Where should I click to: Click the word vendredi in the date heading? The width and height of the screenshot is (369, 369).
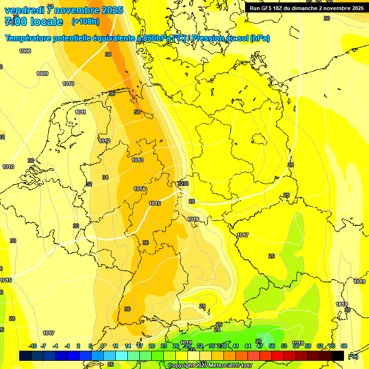point(25,10)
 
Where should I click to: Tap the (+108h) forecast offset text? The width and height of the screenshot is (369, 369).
point(86,22)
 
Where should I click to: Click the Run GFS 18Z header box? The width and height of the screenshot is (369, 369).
point(307,8)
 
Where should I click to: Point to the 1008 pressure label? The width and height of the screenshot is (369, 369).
point(25,51)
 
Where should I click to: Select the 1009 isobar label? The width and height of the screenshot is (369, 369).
point(42,74)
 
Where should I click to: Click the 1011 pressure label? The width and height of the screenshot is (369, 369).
point(80,112)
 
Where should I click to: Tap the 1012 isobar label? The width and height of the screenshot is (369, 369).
point(104,141)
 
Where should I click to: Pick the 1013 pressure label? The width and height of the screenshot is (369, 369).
point(137,160)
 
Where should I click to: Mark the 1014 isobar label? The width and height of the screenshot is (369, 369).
point(139,189)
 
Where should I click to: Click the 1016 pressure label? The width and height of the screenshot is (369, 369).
point(193,219)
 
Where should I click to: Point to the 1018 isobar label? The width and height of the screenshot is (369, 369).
point(342,304)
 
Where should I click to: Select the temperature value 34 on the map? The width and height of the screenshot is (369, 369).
point(105,177)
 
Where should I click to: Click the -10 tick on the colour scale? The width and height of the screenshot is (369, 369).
point(33,346)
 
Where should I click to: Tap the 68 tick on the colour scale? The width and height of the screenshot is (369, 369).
point(344,346)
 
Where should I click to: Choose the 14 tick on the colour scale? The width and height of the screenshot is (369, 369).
point(128,346)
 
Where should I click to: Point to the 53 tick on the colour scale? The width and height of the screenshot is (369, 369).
point(284,346)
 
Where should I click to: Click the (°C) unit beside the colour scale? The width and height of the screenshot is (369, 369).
point(353,356)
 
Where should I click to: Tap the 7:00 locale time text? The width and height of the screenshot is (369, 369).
point(34,22)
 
